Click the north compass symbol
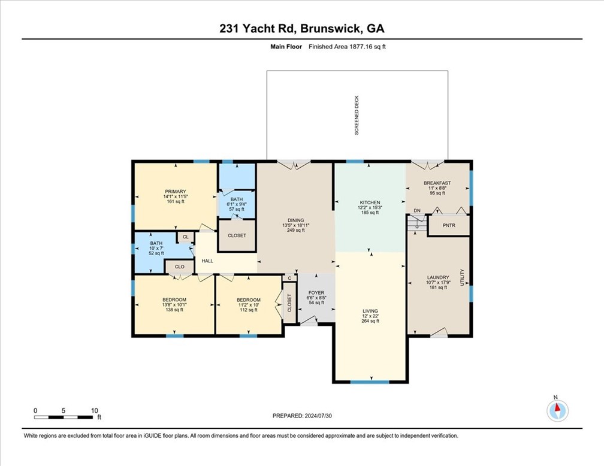[557, 410]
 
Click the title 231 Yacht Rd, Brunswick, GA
[301, 29]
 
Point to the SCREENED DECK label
[357, 115]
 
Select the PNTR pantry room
[449, 225]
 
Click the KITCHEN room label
[370, 202]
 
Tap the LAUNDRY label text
[438, 277]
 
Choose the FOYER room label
[316, 293]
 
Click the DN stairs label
[417, 211]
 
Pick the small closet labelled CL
[186, 237]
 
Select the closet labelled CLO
[180, 267]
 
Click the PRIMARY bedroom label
[175, 192]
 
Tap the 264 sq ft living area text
[370, 321]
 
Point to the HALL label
[207, 261]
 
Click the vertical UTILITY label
[462, 277]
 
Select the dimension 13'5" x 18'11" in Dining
[296, 225]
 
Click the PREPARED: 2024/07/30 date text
[302, 416]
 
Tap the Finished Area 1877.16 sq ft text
[347, 47]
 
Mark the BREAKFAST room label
[437, 183]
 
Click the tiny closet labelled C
[289, 278]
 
